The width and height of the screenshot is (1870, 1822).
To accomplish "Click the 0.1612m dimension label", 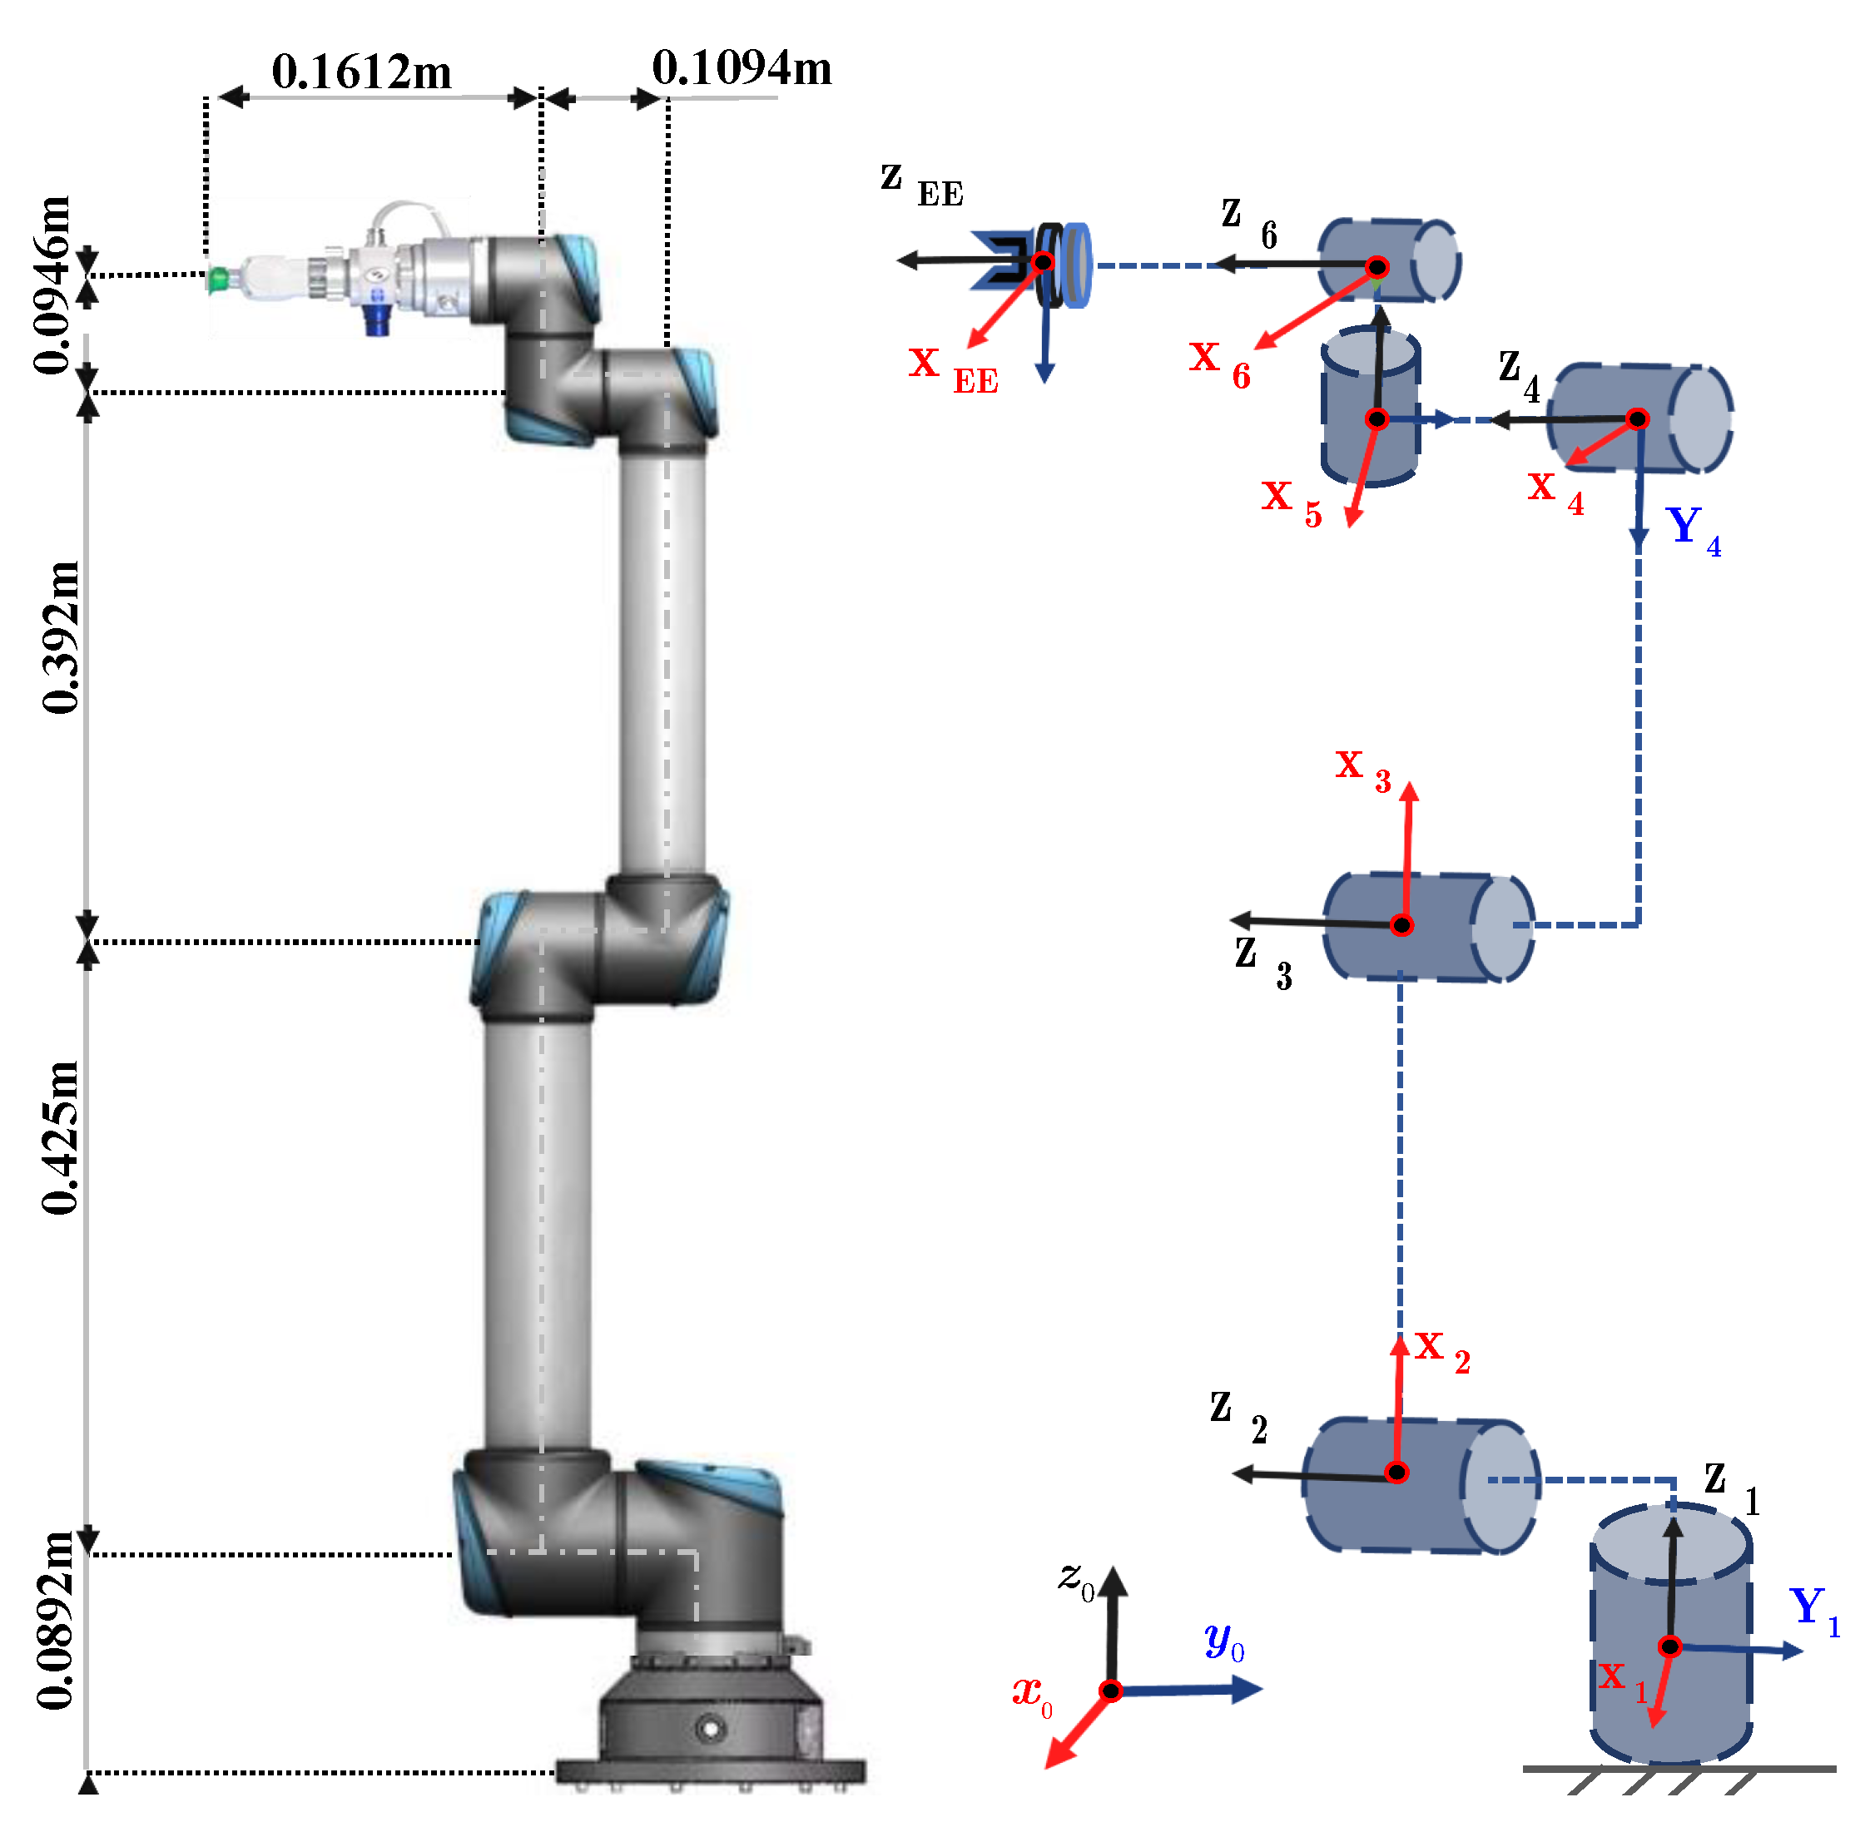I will point(361,72).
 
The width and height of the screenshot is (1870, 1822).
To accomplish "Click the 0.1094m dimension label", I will point(742,69).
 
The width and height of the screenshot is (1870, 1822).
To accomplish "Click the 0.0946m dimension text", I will point(52,285).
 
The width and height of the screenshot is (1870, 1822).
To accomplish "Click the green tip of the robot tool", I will point(218,280).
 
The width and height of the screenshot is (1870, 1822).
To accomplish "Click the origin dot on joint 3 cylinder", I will point(1401,925).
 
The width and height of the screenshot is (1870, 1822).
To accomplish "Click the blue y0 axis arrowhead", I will point(1247,1690).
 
